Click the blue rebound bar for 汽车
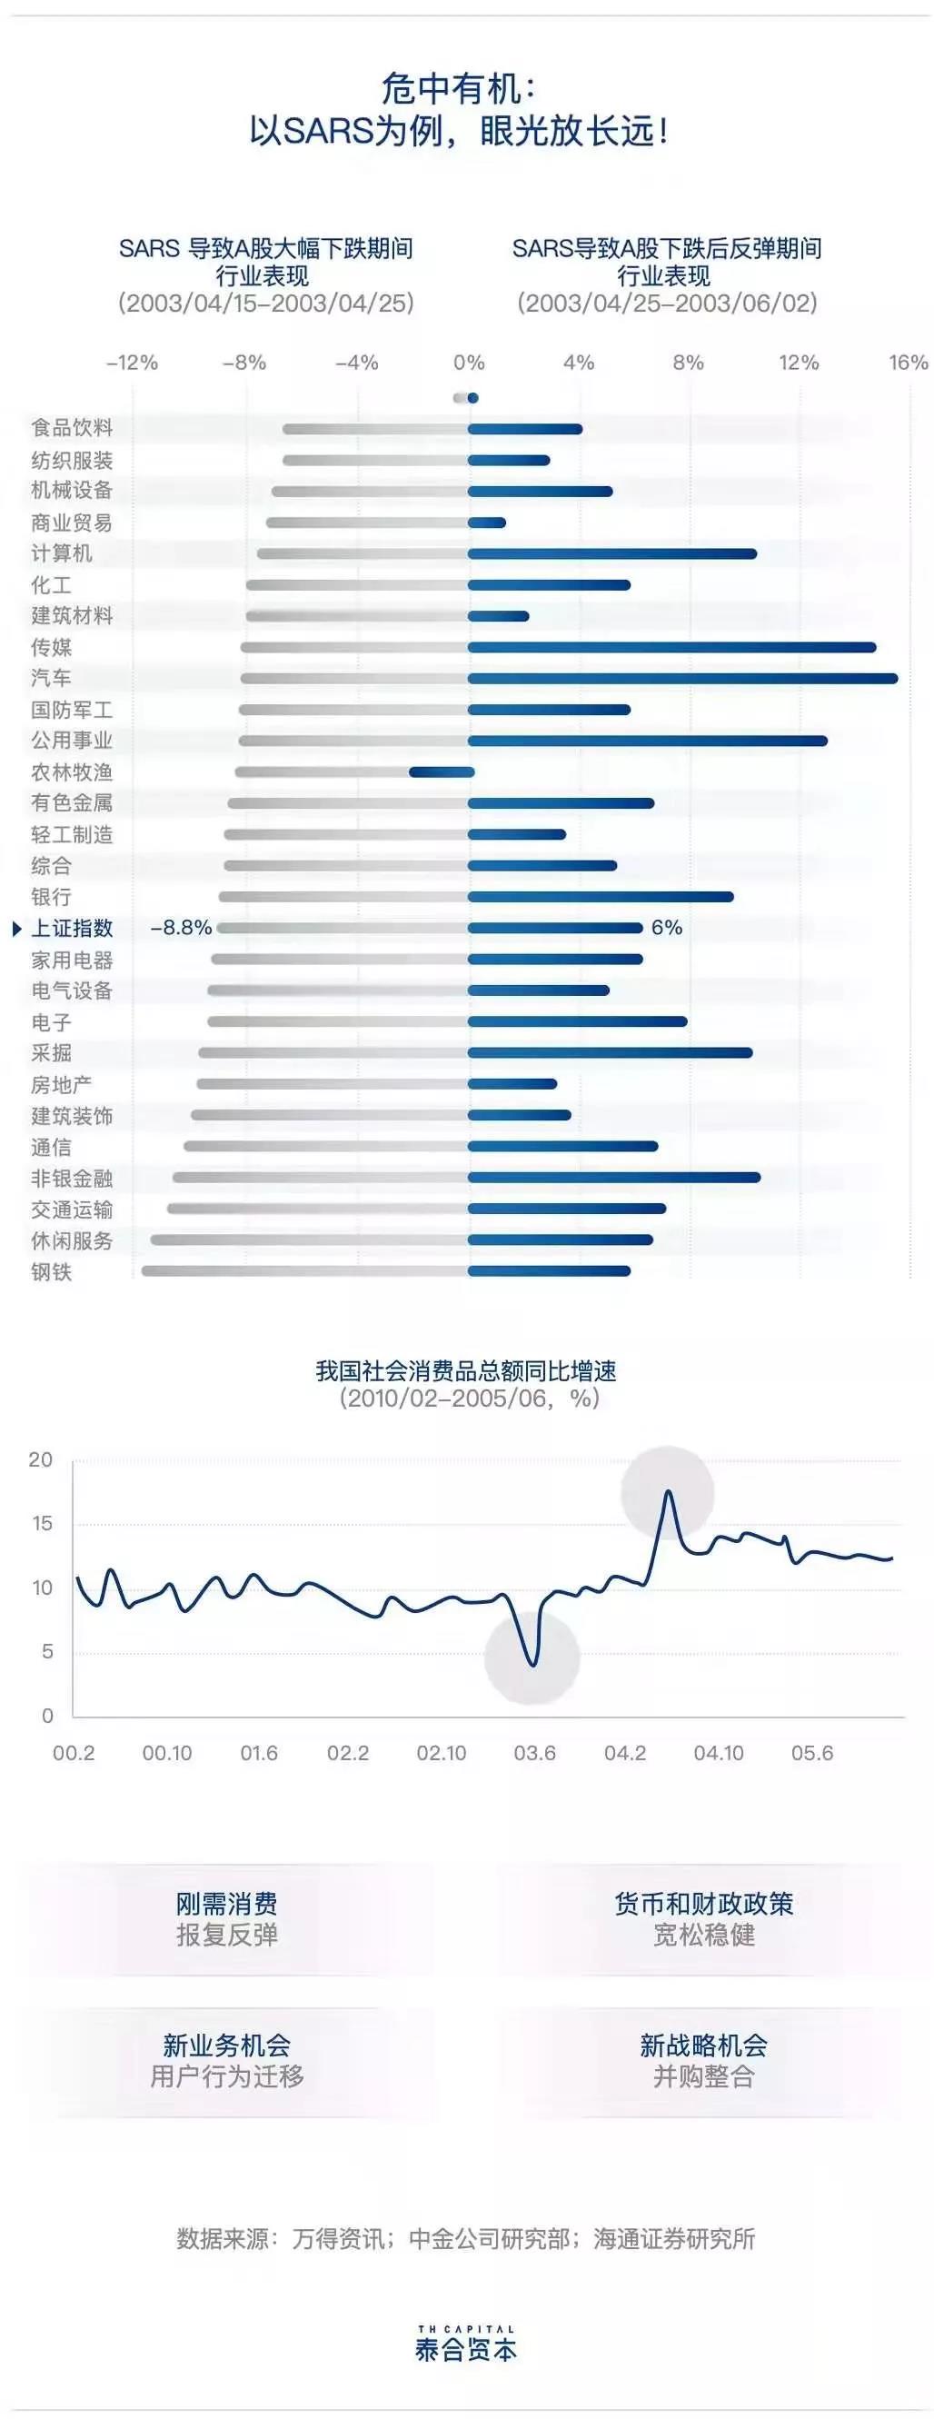click(x=682, y=678)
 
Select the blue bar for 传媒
click(x=671, y=647)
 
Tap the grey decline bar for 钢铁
click(x=305, y=1271)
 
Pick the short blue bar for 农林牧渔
click(x=442, y=771)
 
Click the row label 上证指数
click(x=73, y=928)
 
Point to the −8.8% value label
click(x=181, y=928)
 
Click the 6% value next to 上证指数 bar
click(x=667, y=928)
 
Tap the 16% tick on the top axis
click(x=908, y=363)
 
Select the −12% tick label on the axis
click(x=133, y=363)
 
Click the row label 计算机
click(x=62, y=553)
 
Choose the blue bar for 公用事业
click(x=648, y=741)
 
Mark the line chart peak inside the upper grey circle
click(x=669, y=1492)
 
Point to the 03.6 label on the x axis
click(x=534, y=1753)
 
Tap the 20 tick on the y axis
click(x=41, y=1459)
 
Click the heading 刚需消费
click(x=226, y=1905)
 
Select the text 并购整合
click(x=704, y=2076)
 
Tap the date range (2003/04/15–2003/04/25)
click(x=265, y=304)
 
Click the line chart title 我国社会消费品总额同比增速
click(x=465, y=1371)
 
